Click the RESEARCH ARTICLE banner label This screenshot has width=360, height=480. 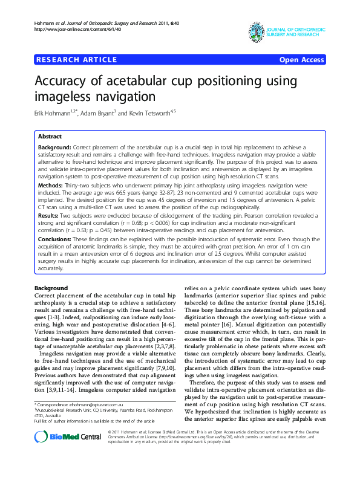coord(77,59)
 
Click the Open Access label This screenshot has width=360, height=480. coord(301,59)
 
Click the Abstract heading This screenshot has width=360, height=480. coord(50,137)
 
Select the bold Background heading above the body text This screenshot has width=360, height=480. coord(51,288)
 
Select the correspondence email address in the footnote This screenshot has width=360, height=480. coord(93,404)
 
